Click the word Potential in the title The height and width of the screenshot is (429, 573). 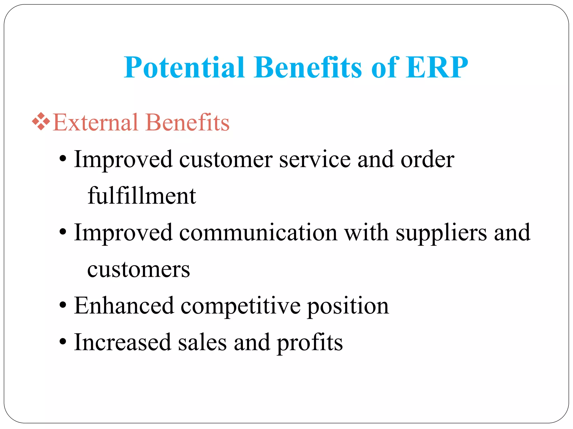[185, 68]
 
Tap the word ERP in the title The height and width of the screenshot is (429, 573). [437, 68]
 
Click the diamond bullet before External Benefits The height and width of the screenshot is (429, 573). [41, 121]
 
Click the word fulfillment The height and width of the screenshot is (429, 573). [142, 196]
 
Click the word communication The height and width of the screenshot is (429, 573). [258, 232]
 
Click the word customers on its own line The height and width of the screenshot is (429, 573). [138, 269]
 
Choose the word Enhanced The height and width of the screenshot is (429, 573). [124, 306]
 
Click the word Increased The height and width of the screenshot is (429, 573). [123, 342]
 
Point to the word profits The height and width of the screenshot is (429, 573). [310, 343]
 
